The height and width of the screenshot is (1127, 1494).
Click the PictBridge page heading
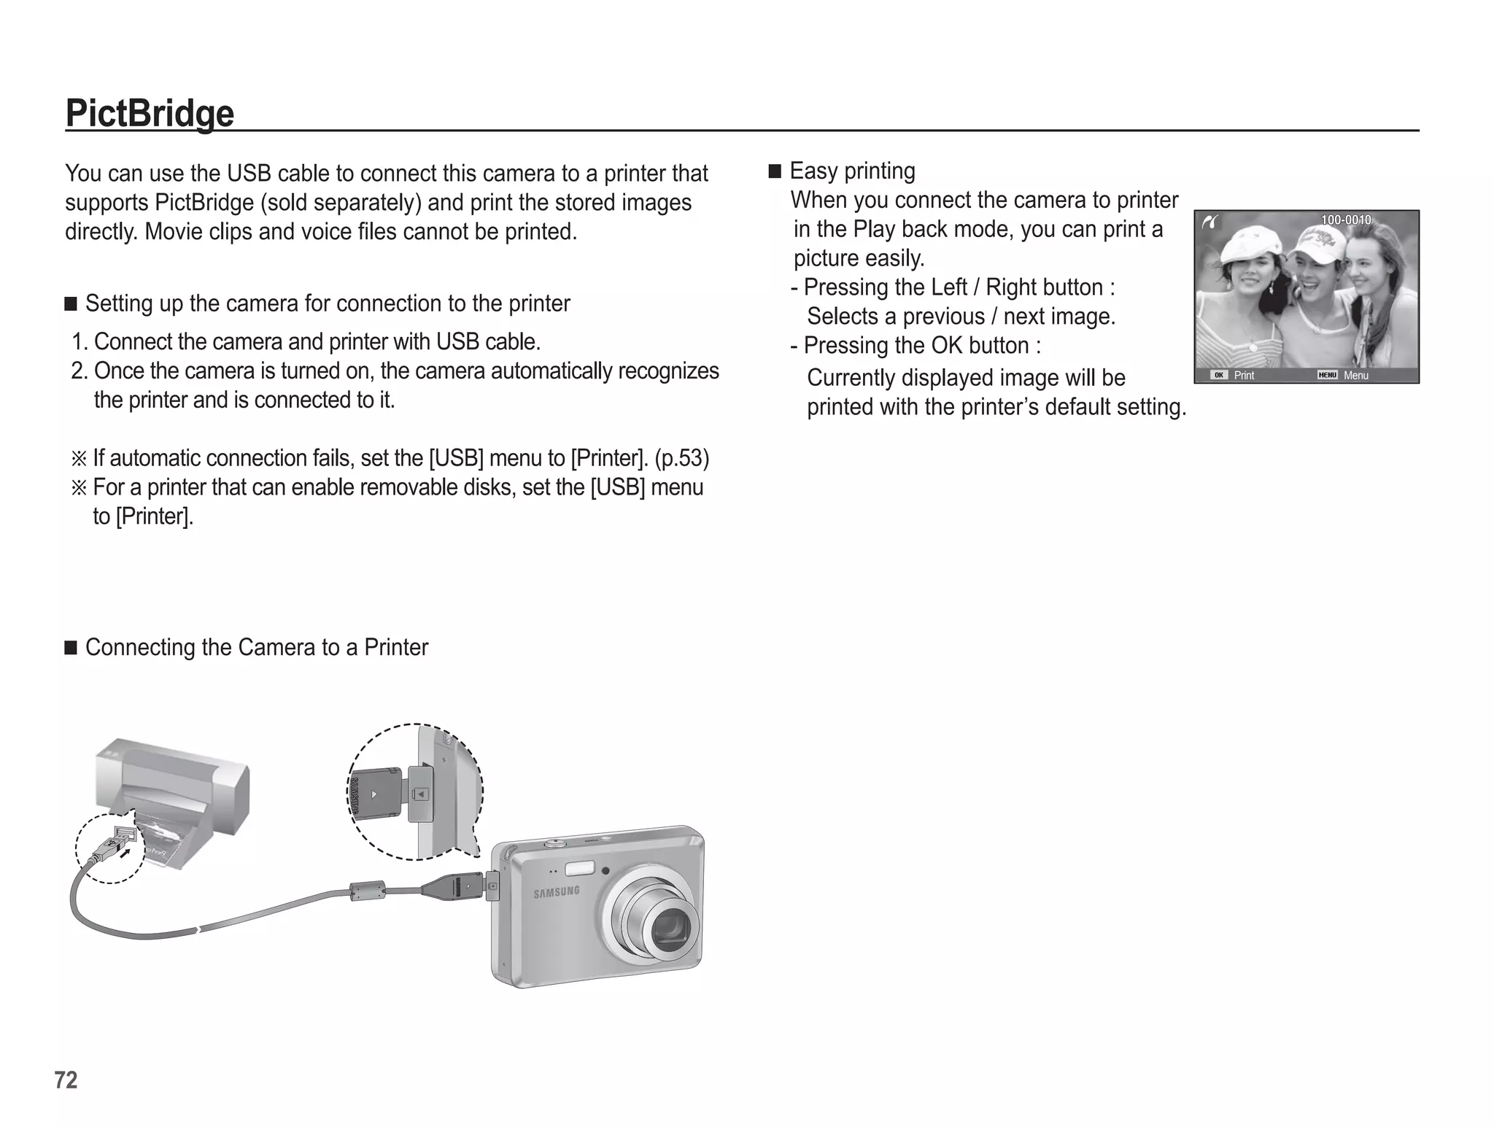pyautogui.click(x=150, y=113)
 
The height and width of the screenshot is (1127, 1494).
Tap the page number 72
pyautogui.click(x=66, y=1080)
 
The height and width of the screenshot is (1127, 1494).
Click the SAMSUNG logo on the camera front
pyautogui.click(x=557, y=892)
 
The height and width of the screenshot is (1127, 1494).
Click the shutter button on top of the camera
pyautogui.click(x=555, y=844)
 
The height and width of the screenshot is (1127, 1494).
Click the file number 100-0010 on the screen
pyautogui.click(x=1346, y=220)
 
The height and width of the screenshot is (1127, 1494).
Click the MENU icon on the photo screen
pyautogui.click(x=1327, y=375)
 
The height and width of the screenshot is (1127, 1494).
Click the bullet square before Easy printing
pyautogui.click(x=775, y=172)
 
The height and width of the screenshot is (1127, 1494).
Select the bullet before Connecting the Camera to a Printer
pyautogui.click(x=71, y=648)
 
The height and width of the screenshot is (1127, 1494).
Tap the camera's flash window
pyautogui.click(x=579, y=868)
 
